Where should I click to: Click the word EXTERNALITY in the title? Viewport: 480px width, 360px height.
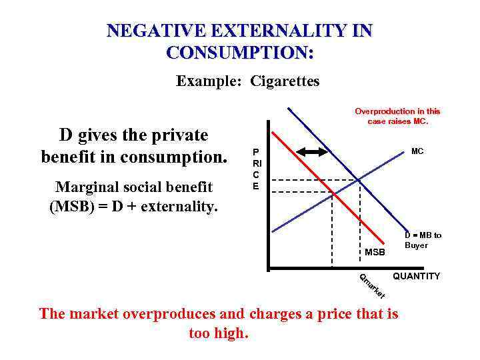[274, 31]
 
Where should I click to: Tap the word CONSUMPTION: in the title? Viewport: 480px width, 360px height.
[240, 52]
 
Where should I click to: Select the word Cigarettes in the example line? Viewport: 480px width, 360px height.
[285, 81]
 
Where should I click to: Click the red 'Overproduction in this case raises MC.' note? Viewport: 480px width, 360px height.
[397, 116]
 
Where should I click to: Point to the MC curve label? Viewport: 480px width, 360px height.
[417, 151]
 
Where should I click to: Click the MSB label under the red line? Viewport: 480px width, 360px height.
[375, 252]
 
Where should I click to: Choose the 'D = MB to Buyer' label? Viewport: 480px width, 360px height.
[423, 240]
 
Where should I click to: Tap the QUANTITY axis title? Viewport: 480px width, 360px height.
[416, 276]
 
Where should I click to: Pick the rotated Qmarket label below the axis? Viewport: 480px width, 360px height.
[372, 286]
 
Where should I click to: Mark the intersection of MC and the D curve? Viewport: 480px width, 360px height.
[360, 180]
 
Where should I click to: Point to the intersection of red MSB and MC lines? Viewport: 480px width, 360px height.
[333, 193]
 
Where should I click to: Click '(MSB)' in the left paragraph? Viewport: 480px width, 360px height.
[73, 206]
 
